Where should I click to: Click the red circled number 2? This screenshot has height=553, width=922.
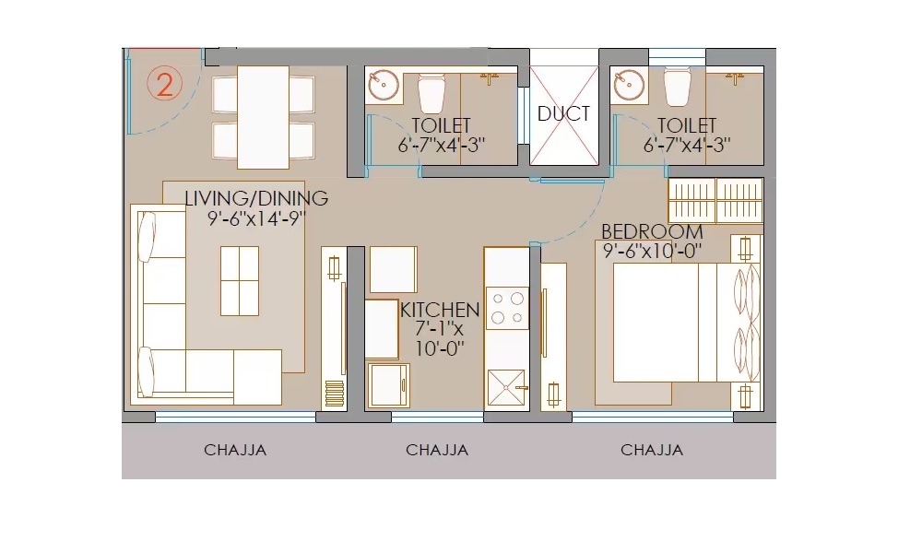click(x=165, y=85)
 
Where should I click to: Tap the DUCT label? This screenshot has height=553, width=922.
click(x=563, y=113)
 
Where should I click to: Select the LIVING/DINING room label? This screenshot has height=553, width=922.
click(x=256, y=198)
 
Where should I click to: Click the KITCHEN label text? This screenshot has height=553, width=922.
click(x=440, y=310)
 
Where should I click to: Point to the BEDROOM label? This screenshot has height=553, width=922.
click(x=652, y=231)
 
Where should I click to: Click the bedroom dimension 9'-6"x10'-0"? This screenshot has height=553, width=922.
click(x=653, y=251)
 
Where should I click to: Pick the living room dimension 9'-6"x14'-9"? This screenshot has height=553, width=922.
click(x=257, y=218)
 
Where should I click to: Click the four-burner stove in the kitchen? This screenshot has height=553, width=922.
click(x=506, y=308)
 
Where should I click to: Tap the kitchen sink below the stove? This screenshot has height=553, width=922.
click(x=506, y=388)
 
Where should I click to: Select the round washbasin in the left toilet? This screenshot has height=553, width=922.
click(x=384, y=86)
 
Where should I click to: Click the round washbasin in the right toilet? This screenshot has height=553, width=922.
click(x=629, y=86)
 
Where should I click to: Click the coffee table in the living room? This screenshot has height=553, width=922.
click(x=240, y=281)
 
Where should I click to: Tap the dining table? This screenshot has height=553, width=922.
click(x=263, y=118)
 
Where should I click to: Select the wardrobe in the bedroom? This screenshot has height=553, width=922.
click(x=715, y=200)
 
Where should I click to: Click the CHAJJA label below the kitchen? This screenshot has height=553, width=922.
click(x=437, y=450)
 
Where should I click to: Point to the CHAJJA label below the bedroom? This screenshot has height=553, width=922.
click(x=652, y=450)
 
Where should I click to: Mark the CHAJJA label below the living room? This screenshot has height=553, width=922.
click(x=235, y=450)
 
